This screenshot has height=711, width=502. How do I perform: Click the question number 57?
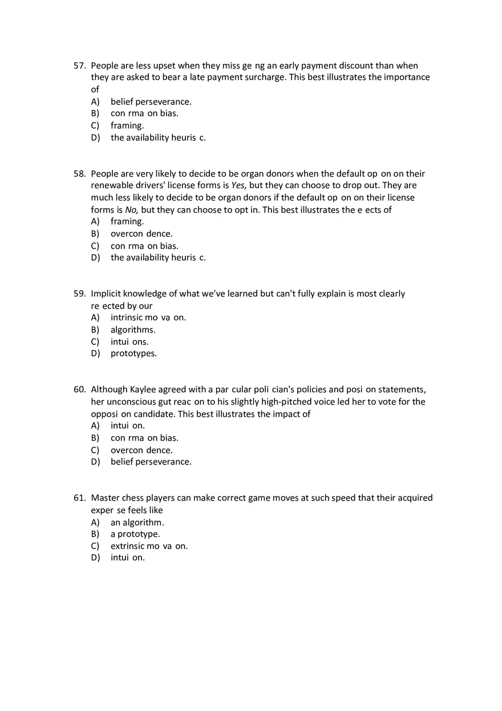pyautogui.click(x=79, y=66)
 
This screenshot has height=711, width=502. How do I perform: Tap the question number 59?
pyautogui.click(x=79, y=294)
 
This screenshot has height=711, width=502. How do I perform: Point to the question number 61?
pyautogui.click(x=79, y=498)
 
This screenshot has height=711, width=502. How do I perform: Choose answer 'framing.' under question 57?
pyautogui.click(x=127, y=125)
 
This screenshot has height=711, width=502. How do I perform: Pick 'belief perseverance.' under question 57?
pyautogui.click(x=151, y=101)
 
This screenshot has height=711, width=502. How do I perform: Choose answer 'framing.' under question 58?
pyautogui.click(x=127, y=221)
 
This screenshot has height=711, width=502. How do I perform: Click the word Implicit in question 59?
pyautogui.click(x=106, y=294)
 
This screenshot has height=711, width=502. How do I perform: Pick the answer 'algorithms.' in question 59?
pyautogui.click(x=133, y=330)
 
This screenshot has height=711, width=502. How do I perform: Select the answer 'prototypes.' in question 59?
pyautogui.click(x=133, y=354)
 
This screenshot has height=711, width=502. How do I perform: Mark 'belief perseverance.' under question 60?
pyautogui.click(x=151, y=462)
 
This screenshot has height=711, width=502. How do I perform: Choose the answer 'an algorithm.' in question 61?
pyautogui.click(x=137, y=522)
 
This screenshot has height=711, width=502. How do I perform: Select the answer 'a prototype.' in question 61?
pyautogui.click(x=135, y=534)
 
